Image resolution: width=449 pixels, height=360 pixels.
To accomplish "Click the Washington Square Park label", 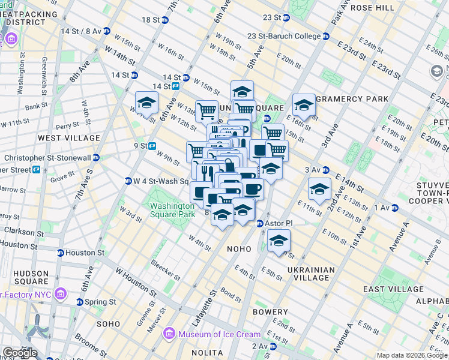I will pos(173,210).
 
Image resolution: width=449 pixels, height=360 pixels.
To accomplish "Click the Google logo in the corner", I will pos(20,353).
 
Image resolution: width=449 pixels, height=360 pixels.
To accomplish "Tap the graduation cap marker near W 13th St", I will pos(146,103).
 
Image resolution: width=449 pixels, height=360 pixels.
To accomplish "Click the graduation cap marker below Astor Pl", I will pos(278,242).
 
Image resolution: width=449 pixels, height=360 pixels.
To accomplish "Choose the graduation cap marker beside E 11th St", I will pos(319,189).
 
